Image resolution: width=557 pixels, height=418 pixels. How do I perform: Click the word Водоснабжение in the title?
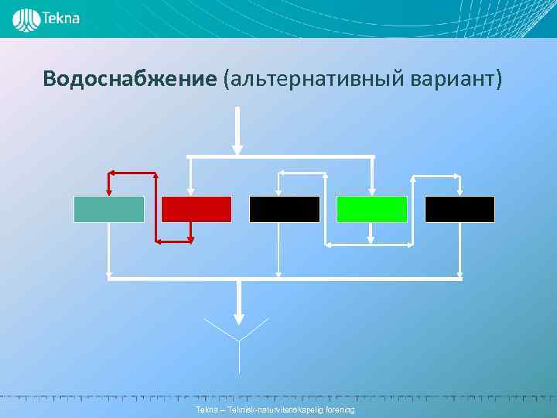coord(130,79)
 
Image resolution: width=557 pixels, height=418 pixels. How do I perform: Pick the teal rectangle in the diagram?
coord(109,209)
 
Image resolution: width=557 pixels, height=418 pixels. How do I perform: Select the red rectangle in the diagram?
coord(196,209)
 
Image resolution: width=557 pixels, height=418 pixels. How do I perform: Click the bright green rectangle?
coord(372,209)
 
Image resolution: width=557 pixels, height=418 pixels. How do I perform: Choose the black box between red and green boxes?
coord(284,209)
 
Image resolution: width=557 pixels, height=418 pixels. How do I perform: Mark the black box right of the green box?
coord(460,209)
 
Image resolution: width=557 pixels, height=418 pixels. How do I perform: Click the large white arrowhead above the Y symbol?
coord(239,317)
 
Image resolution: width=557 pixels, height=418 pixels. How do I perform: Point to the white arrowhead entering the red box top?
coord(190,190)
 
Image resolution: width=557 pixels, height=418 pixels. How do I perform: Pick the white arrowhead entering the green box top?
coord(372,190)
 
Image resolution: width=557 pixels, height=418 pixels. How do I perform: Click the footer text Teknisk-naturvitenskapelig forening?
coord(275,409)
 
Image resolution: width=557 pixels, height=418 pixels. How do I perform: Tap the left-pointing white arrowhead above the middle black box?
coord(282,173)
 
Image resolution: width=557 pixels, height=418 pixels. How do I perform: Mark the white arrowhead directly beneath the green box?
coord(372,237)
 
